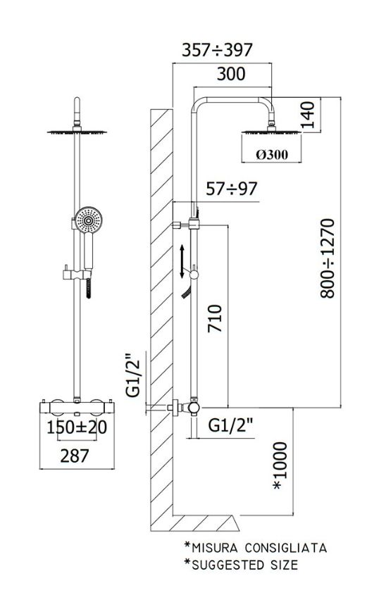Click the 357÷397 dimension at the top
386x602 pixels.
click(217, 50)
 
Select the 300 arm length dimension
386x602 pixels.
click(231, 74)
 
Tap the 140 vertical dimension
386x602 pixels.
click(307, 115)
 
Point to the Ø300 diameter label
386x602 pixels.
click(272, 154)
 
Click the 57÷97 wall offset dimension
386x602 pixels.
click(232, 189)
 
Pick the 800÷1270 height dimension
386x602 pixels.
click(328, 258)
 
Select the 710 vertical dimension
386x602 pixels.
click(215, 318)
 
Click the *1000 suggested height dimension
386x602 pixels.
click(280, 465)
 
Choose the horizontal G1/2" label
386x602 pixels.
click(231, 425)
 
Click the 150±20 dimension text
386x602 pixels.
click(77, 427)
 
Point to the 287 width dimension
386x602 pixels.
click(75, 456)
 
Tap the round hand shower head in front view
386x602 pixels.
click(88, 220)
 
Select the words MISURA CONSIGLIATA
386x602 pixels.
click(259, 548)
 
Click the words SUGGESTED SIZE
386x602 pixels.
click(244, 565)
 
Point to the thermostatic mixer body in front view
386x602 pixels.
click(77, 408)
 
